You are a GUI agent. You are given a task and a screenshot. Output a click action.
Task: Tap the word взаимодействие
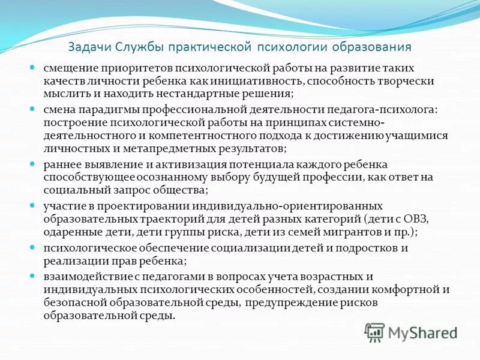81,276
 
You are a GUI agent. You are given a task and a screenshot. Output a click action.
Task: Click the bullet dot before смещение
34,68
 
